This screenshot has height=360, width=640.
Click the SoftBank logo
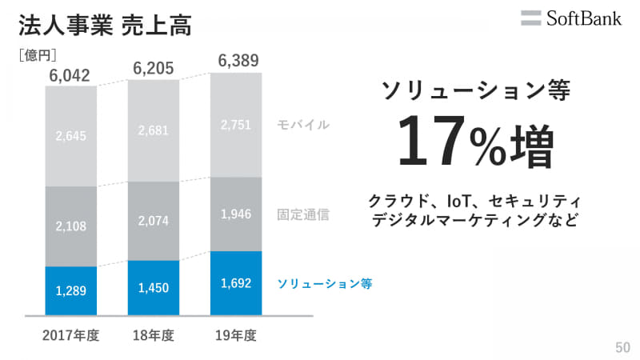tap(570, 18)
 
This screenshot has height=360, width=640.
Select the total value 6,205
tap(153, 68)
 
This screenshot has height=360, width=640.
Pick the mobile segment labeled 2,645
tap(70, 136)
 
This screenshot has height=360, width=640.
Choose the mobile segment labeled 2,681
tap(153, 130)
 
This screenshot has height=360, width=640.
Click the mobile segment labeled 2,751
tap(236, 125)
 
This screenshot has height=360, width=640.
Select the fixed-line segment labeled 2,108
tap(70, 226)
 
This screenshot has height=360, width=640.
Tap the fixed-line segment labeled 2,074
tap(153, 221)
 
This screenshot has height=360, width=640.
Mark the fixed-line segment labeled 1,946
tap(236, 214)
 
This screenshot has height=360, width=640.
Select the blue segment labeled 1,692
tap(236, 283)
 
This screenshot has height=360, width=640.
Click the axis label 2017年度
tap(70, 336)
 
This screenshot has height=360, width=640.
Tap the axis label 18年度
tap(153, 336)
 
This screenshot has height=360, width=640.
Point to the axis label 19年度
tap(236, 336)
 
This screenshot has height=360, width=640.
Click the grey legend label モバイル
tap(303, 126)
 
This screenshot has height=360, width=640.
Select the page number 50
tap(622, 347)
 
